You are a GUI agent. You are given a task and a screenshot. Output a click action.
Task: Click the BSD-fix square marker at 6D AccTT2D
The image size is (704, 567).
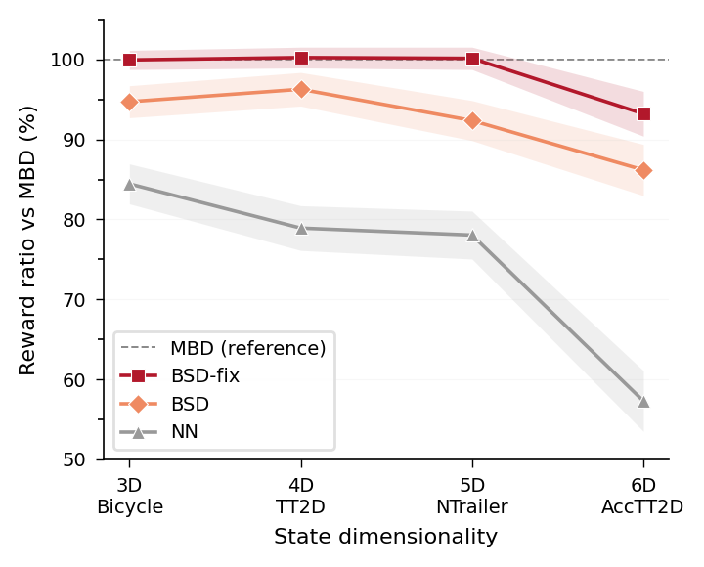tap(642, 113)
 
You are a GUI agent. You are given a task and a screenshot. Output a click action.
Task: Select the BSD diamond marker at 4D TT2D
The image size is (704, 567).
tap(301, 89)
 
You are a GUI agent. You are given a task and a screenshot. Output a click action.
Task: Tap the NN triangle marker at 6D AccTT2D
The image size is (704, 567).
tap(642, 401)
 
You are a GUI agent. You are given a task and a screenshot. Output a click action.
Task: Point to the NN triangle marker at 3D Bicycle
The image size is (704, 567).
tap(129, 184)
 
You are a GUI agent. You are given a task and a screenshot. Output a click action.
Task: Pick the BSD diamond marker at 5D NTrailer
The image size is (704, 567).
tap(472, 120)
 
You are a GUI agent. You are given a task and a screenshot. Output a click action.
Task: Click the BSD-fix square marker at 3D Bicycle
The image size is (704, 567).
tap(129, 60)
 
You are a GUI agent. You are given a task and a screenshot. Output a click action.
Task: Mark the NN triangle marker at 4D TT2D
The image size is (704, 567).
tap(301, 228)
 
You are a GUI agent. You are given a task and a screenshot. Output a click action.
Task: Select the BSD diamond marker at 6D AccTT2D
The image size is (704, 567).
tap(642, 170)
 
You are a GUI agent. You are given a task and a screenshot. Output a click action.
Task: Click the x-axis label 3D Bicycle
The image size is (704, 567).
tap(129, 496)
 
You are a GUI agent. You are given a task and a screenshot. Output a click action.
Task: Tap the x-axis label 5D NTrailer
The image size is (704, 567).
tap(472, 496)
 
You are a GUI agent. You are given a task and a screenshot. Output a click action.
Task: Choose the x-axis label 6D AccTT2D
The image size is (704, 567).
tap(642, 496)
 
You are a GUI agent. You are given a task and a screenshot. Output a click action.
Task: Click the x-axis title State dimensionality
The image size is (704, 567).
tap(385, 537)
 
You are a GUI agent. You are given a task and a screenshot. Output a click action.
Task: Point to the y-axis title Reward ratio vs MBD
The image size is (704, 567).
tap(28, 240)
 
